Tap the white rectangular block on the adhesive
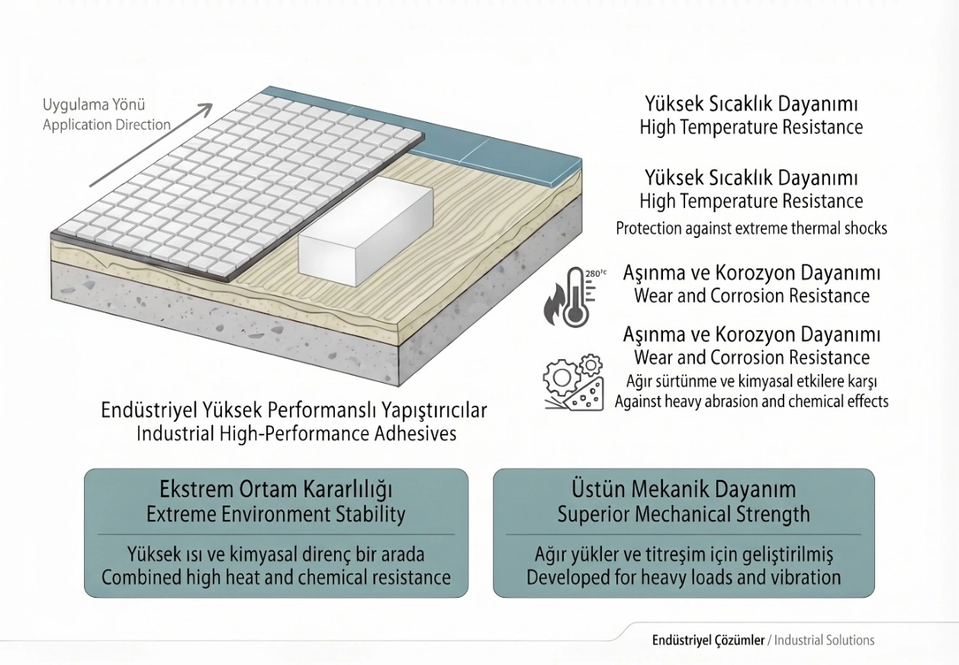pos(365,232)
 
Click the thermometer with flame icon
pos(570,297)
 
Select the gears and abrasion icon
pos(574,383)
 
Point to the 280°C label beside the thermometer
pos(596,273)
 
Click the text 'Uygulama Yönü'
pos(94,105)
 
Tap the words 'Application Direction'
pos(107,125)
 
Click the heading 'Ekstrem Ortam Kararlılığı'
pos(275,490)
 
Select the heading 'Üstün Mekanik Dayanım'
pos(684,489)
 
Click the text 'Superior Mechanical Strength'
pos(684,514)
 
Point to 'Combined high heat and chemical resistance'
pos(276,577)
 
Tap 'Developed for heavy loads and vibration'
pos(684,577)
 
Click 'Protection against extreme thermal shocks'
pos(751,229)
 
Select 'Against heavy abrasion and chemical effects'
pos(751,402)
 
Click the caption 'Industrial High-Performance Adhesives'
pos(296,434)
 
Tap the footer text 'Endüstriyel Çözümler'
pos(708,640)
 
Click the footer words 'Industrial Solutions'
pos(824,640)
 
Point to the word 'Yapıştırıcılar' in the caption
pos(434,411)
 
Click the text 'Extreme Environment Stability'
pos(275,514)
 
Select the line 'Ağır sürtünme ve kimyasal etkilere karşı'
pos(751,381)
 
